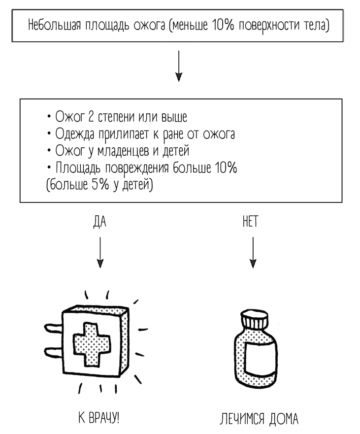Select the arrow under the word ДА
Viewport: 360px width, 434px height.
[x=100, y=253]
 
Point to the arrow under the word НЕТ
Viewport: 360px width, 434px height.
[x=253, y=253]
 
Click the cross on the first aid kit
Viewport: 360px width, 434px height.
[x=92, y=343]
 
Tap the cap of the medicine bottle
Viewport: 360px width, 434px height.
[x=254, y=322]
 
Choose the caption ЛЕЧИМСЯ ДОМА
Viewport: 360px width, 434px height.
[x=259, y=420]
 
